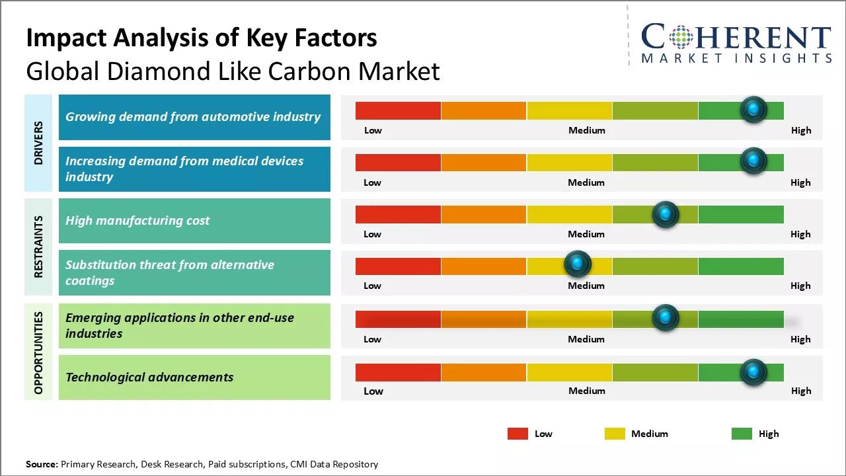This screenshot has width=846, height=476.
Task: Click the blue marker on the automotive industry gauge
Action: tap(753, 109)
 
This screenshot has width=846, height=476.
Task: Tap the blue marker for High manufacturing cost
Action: tap(665, 214)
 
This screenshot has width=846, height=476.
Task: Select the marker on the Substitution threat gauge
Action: tap(578, 264)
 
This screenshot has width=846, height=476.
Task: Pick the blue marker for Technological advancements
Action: tap(753, 372)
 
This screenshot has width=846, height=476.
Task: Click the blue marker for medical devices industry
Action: tap(753, 161)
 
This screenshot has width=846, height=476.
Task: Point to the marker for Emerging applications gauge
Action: tap(665, 318)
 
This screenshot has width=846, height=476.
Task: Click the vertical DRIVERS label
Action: tap(38, 142)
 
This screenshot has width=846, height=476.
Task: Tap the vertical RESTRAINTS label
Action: tap(38, 246)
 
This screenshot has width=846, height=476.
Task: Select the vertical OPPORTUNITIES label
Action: tap(38, 352)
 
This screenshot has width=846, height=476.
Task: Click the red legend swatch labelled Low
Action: tap(518, 434)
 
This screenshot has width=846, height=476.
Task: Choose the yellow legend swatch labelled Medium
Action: tap(615, 434)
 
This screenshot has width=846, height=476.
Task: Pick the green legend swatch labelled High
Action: tap(742, 434)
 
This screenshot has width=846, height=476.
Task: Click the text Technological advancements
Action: tap(149, 377)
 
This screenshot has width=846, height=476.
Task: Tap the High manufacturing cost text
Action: tap(137, 221)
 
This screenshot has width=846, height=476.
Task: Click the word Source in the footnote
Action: tap(42, 464)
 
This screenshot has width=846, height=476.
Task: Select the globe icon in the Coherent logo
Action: tap(680, 37)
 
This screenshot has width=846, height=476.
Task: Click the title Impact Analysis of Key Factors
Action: tap(202, 38)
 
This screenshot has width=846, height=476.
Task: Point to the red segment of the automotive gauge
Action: tap(398, 110)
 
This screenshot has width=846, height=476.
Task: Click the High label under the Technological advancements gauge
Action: tap(801, 391)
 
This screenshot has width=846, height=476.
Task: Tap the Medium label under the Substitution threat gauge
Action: tap(586, 286)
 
